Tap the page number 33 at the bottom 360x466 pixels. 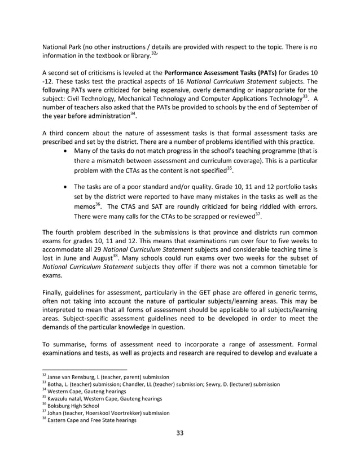179,449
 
